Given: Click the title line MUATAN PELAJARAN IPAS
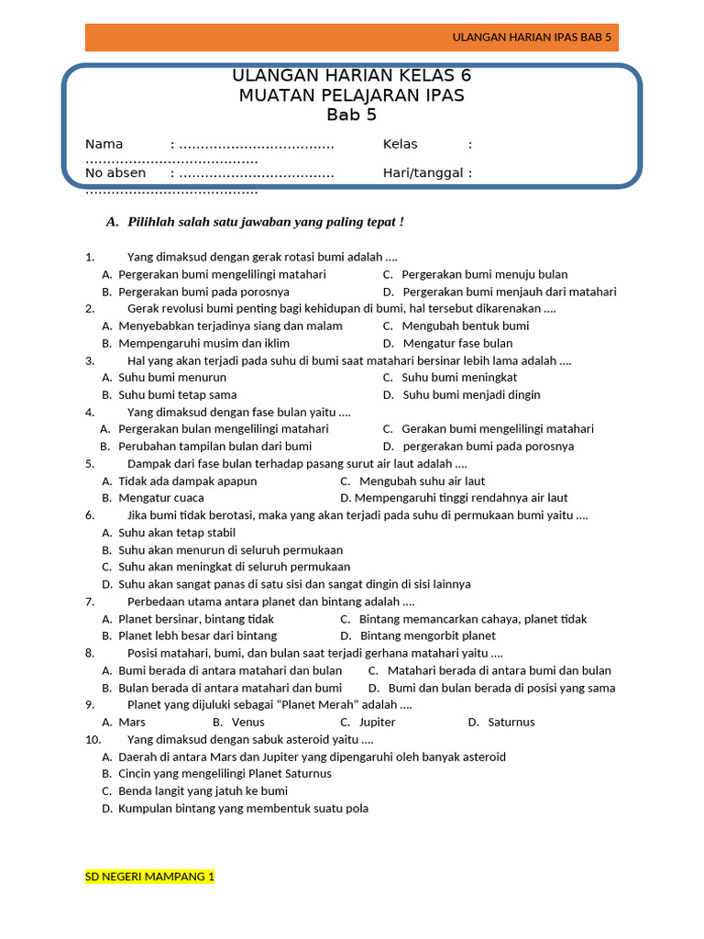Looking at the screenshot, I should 351,95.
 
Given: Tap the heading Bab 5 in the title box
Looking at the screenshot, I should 351,115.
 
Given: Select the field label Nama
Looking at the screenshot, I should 104,144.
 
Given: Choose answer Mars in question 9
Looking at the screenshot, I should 132,722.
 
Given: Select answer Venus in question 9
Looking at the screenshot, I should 247,722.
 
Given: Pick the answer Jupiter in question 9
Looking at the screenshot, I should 377,722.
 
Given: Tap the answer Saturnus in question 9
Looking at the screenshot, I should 511,722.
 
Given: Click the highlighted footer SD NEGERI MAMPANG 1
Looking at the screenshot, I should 149,877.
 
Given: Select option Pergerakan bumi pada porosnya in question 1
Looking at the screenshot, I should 203,292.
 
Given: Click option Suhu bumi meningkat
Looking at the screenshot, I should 459,377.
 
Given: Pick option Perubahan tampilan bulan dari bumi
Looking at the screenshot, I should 214,446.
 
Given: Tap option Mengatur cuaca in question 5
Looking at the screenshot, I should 160,498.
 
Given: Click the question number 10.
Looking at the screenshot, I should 93,739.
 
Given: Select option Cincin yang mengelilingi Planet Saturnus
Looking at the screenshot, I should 225,773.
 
